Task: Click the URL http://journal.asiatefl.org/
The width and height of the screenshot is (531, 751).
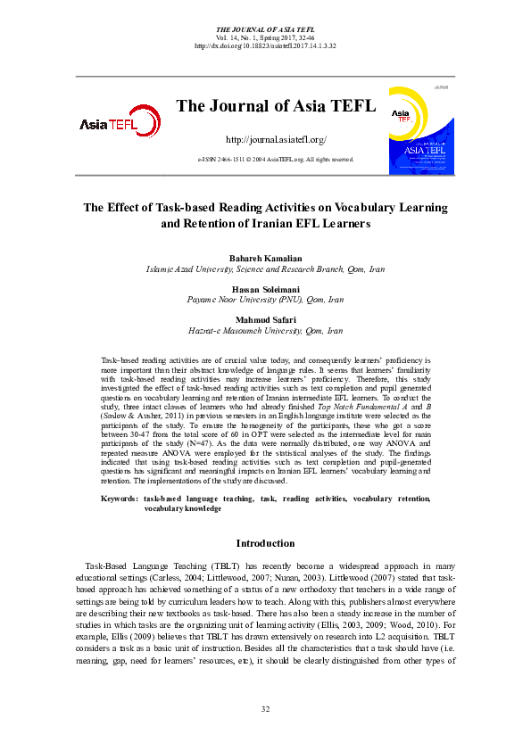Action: [x=276, y=140]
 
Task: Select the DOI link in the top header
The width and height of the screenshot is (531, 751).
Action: [x=265, y=45]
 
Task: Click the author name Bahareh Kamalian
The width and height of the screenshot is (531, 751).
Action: [x=265, y=258]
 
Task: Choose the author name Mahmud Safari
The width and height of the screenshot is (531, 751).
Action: [x=265, y=319]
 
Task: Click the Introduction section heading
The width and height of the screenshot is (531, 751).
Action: [x=265, y=543]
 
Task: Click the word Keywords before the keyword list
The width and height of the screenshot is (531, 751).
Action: [x=119, y=499]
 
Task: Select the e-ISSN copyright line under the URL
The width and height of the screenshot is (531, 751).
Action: [x=276, y=159]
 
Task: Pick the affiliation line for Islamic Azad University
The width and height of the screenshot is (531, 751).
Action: [x=265, y=268]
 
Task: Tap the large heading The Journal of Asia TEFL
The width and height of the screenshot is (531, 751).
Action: [x=276, y=107]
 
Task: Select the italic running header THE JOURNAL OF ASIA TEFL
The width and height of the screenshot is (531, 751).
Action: [x=265, y=29]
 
